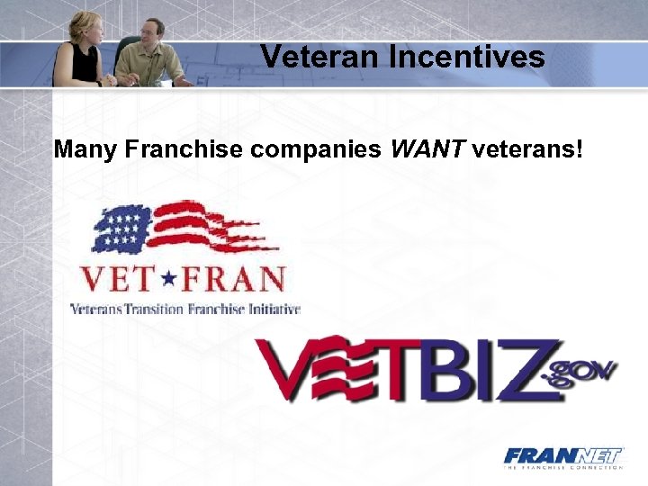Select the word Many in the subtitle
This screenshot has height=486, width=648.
(86, 148)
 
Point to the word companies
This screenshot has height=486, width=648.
(316, 148)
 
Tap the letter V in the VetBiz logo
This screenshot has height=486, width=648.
(286, 369)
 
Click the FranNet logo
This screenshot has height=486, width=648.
(562, 457)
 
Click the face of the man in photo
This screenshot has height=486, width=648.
(153, 33)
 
